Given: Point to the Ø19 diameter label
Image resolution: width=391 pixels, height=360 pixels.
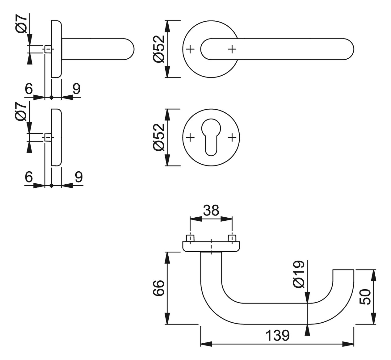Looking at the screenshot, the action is (298, 274).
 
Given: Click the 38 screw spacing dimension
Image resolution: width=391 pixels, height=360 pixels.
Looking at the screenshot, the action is (211, 210).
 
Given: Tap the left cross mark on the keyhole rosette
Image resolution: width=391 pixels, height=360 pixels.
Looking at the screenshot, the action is (190, 138).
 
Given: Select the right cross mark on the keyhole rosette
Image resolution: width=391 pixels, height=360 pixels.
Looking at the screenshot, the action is (232, 138).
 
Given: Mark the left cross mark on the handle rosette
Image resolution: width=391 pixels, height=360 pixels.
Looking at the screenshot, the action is (190, 49).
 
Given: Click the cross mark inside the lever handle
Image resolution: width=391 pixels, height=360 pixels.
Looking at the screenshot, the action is (232, 49).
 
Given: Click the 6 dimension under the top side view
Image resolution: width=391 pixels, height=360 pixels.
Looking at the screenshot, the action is (29, 89).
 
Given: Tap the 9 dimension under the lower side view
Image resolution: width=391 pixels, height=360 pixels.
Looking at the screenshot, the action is (78, 177).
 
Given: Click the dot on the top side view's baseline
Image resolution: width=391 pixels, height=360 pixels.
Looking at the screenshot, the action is (52, 98).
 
